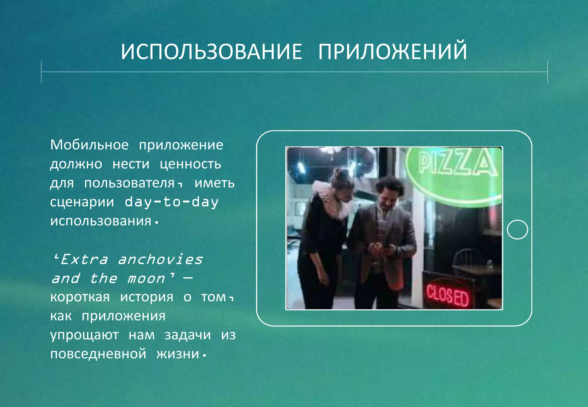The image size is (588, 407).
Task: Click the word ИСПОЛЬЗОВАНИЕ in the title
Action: click(x=211, y=52)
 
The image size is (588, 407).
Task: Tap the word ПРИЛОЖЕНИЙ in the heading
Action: click(x=392, y=52)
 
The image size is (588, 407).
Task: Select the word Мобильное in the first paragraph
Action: click(x=89, y=145)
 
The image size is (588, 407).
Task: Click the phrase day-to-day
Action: click(x=171, y=202)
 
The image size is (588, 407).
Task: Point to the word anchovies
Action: click(x=160, y=259)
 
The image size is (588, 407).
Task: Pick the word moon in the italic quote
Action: click(x=146, y=278)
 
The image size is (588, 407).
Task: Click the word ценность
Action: click(x=190, y=164)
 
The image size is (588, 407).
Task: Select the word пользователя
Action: click(x=129, y=183)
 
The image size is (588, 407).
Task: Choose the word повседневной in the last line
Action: click(x=98, y=354)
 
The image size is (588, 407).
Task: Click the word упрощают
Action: click(x=84, y=335)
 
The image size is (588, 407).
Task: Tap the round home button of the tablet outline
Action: click(x=517, y=229)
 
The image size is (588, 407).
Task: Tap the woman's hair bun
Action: click(x=339, y=174)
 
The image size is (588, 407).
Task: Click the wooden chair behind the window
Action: click(x=467, y=260)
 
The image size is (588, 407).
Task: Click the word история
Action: click(x=147, y=297)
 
